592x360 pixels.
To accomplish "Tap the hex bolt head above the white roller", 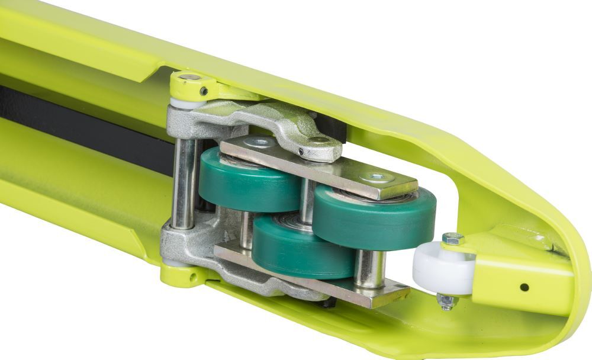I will [x=452, y=239].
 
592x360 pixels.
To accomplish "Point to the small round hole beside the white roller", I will [x=524, y=287].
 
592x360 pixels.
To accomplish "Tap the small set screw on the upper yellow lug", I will [x=204, y=91].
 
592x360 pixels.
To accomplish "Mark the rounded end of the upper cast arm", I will [x=322, y=146].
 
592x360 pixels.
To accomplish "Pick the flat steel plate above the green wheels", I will [x=320, y=166].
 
